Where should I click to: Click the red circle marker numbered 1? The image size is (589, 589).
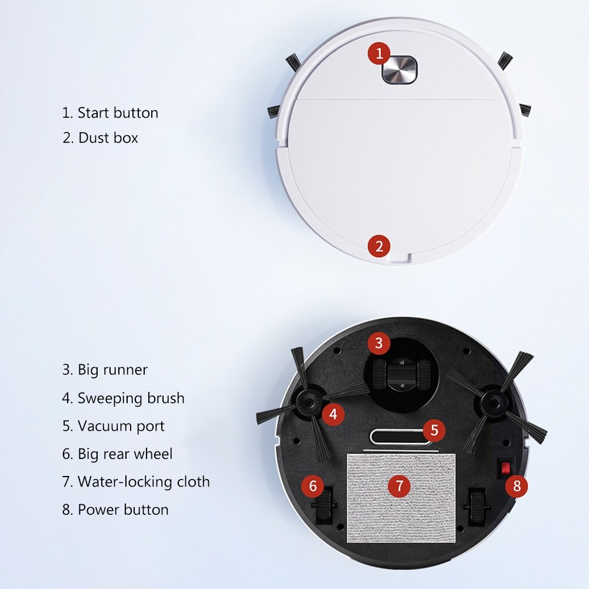point(379,54)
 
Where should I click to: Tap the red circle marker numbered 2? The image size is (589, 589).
point(379,247)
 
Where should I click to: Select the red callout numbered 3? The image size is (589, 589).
point(379,343)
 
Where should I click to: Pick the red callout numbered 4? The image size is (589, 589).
point(333,414)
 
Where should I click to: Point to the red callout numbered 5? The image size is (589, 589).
point(434,430)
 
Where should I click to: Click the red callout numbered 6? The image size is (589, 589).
point(312,485)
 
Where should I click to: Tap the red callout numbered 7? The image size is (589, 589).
point(399,485)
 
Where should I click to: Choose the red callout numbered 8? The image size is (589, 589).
point(517,486)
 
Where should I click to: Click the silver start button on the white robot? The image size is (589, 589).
point(400,70)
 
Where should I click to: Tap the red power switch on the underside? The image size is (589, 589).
point(505,468)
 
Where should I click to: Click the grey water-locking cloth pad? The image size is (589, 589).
point(401,498)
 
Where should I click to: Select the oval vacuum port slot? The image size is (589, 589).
point(400,437)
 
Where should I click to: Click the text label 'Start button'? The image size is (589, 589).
point(118,113)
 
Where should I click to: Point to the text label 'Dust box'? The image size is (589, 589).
point(108,138)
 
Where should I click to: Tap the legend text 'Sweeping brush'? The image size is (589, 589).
point(131,398)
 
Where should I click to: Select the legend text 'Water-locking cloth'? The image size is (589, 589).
point(144,482)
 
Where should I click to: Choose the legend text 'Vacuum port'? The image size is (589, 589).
point(121,427)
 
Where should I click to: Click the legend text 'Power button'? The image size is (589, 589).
point(123,510)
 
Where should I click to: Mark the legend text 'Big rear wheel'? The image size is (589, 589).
point(125,454)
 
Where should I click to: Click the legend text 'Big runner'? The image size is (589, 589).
point(112,370)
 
